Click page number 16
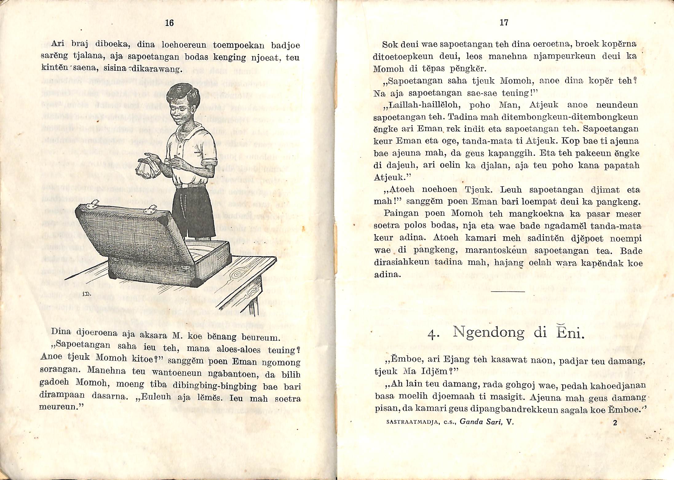169,23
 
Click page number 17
504,22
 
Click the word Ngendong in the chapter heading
489,332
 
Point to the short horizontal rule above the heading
508,291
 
